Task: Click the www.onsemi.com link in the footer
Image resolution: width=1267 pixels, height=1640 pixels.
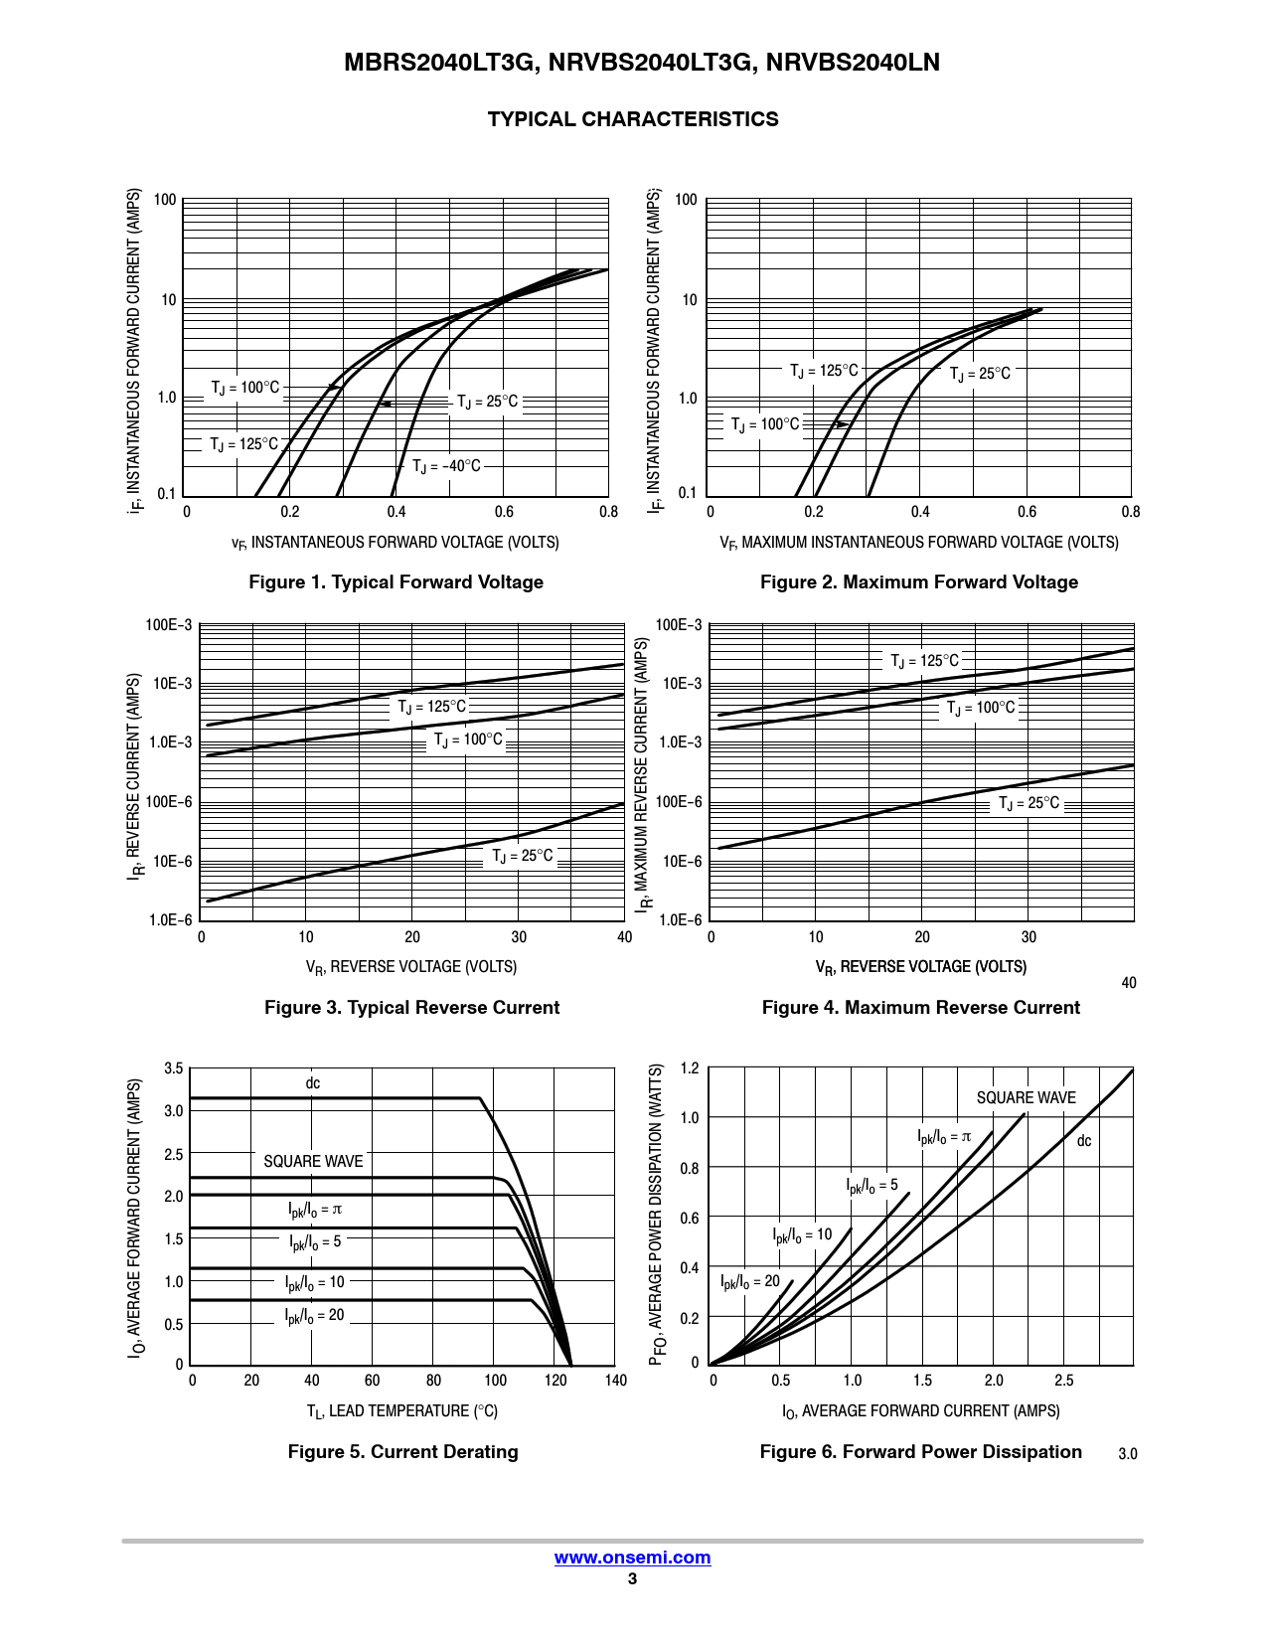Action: click(632, 1558)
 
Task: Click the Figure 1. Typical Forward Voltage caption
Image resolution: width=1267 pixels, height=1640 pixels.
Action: click(396, 582)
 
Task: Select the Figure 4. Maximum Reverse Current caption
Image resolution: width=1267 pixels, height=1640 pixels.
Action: click(920, 1008)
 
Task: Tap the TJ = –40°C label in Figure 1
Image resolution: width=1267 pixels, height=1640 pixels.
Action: click(446, 466)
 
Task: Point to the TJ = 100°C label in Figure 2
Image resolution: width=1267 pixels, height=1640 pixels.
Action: click(765, 424)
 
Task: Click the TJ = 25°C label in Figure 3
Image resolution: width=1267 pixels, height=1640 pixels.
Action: click(523, 856)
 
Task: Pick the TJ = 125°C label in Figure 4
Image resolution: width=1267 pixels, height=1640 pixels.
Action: click(924, 661)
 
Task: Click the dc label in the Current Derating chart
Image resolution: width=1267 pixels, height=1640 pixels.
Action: click(313, 1083)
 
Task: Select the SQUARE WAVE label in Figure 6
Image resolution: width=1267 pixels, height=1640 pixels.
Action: click(1026, 1098)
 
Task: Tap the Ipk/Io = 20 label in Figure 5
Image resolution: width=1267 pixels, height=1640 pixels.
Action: click(314, 1316)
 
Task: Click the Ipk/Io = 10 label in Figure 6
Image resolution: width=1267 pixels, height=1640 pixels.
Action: click(802, 1235)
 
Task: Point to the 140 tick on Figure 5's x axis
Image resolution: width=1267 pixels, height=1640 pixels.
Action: click(616, 1381)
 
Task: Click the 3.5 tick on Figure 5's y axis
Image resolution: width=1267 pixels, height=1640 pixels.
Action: click(174, 1069)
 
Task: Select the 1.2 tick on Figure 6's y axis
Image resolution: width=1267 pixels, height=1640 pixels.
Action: click(690, 1068)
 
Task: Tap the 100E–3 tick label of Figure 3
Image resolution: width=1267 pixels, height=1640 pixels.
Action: click(169, 625)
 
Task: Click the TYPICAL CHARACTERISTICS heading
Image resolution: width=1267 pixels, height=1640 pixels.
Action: click(633, 119)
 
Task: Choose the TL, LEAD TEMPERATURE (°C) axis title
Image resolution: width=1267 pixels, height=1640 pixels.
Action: click(401, 1411)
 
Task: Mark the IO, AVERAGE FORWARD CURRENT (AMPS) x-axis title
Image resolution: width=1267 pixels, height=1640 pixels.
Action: click(920, 1411)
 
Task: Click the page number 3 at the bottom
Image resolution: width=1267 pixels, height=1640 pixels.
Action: click(632, 1579)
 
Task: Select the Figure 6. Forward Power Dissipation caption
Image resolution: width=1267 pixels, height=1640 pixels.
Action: click(920, 1452)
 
